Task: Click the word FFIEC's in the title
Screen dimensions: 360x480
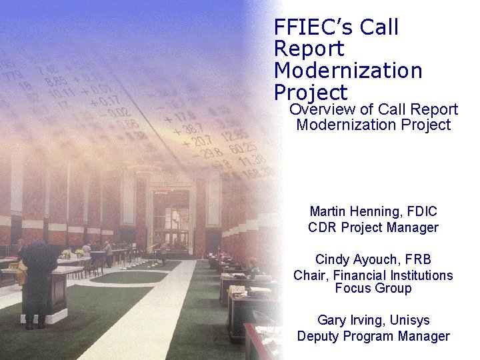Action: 313,28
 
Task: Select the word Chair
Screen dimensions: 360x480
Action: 310,275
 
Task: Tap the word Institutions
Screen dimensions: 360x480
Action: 419,275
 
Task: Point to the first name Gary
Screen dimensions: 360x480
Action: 331,320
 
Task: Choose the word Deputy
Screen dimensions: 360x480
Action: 319,336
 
